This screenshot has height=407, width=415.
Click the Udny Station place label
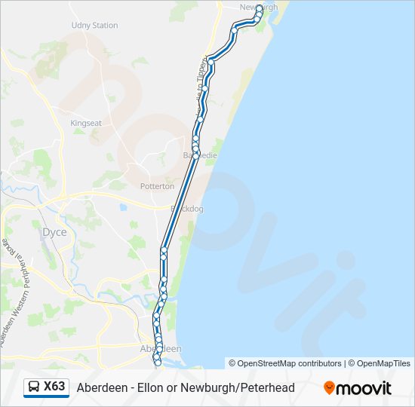[x=94, y=25]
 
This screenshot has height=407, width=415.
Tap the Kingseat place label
[x=85, y=122]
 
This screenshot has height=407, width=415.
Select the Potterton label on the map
[x=157, y=186]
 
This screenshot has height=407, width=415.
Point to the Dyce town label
[x=54, y=232]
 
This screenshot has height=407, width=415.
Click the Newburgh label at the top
[x=258, y=7]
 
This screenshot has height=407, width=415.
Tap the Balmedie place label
[x=200, y=155]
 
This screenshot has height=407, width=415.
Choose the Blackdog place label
[x=186, y=209]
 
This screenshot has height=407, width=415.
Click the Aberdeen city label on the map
[x=161, y=349]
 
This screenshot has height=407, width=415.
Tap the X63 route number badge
[x=54, y=387]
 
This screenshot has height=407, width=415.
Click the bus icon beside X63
[x=34, y=387]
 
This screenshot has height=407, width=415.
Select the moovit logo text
[x=364, y=388]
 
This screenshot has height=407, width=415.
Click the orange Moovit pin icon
[x=329, y=388]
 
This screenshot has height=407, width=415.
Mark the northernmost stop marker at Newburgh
[x=260, y=8]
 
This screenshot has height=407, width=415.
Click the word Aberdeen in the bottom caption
[x=100, y=387]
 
